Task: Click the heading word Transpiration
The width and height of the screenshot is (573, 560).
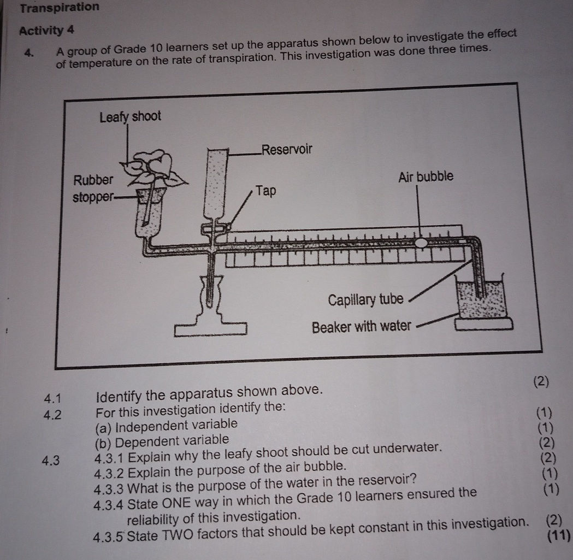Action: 60,8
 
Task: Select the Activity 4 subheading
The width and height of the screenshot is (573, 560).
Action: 46,30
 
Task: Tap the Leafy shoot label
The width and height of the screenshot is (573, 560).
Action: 130,116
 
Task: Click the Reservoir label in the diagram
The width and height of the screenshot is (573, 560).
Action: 287,149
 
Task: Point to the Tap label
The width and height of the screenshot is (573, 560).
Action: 267,191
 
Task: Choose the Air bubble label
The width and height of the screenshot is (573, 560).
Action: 426,176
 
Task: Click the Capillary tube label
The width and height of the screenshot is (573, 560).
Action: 365,300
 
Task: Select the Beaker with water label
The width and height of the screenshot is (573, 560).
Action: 361,327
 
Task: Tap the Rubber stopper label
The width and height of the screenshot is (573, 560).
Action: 93,187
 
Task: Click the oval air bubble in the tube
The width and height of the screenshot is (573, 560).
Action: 421,243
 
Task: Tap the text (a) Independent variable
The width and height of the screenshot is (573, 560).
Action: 167,425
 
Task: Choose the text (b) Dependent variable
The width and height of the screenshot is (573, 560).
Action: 162,440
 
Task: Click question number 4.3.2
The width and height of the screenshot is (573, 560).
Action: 109,468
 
